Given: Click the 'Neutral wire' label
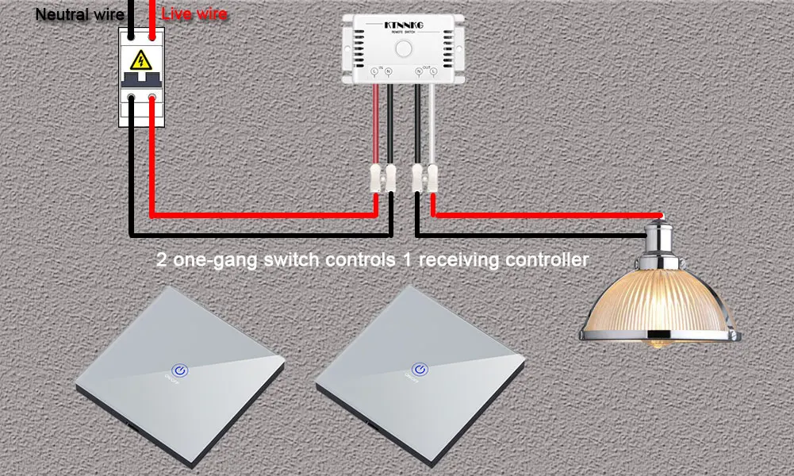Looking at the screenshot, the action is pos(79,14).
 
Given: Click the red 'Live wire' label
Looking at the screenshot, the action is pos(194,14).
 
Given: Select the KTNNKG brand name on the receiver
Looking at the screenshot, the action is pos(405,26).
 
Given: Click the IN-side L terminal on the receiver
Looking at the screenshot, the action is pos(374,72).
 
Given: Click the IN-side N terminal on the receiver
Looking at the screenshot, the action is pos(388,72).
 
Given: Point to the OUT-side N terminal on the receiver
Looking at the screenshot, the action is pos(418,72).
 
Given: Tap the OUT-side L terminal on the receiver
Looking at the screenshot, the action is pos(432,72).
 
